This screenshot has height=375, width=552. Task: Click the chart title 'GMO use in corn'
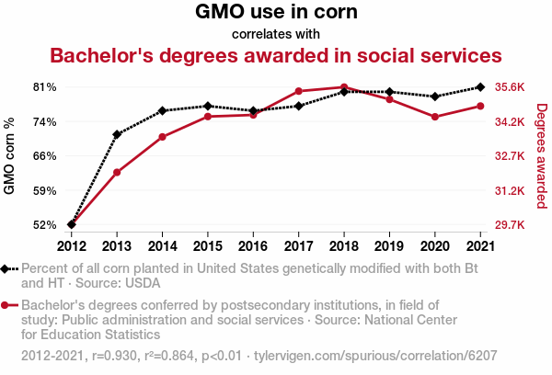click(276, 13)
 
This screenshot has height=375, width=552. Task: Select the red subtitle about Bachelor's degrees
click(276, 55)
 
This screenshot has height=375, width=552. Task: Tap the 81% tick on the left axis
click(45, 87)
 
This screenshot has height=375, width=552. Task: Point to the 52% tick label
click(45, 225)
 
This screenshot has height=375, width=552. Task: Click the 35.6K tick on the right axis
click(509, 87)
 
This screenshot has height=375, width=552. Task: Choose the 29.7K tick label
click(509, 225)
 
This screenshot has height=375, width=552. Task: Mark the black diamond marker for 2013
click(117, 134)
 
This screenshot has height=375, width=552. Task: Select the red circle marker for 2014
click(162, 137)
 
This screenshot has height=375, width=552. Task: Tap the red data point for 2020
click(434, 117)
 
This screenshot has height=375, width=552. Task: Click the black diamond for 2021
click(479, 87)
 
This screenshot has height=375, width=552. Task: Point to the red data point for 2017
click(298, 91)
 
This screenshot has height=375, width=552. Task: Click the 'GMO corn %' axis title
click(10, 156)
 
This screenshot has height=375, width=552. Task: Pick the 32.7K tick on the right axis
click(509, 156)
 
